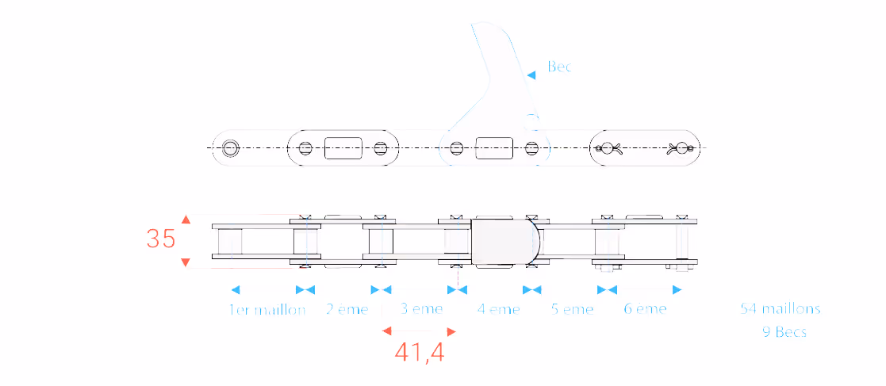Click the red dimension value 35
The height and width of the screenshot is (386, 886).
click(x=161, y=239)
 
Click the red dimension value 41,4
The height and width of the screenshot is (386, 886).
click(x=420, y=353)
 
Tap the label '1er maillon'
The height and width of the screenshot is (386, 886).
click(x=267, y=309)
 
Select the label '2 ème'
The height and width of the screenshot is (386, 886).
click(x=347, y=309)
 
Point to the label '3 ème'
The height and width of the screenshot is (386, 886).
click(x=421, y=309)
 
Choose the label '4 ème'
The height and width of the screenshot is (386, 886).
click(x=498, y=309)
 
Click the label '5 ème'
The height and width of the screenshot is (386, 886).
click(x=573, y=309)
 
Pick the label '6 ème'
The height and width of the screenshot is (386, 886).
click(x=646, y=309)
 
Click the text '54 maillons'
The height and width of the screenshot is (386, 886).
click(x=781, y=308)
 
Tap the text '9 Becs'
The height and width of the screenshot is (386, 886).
click(x=784, y=332)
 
